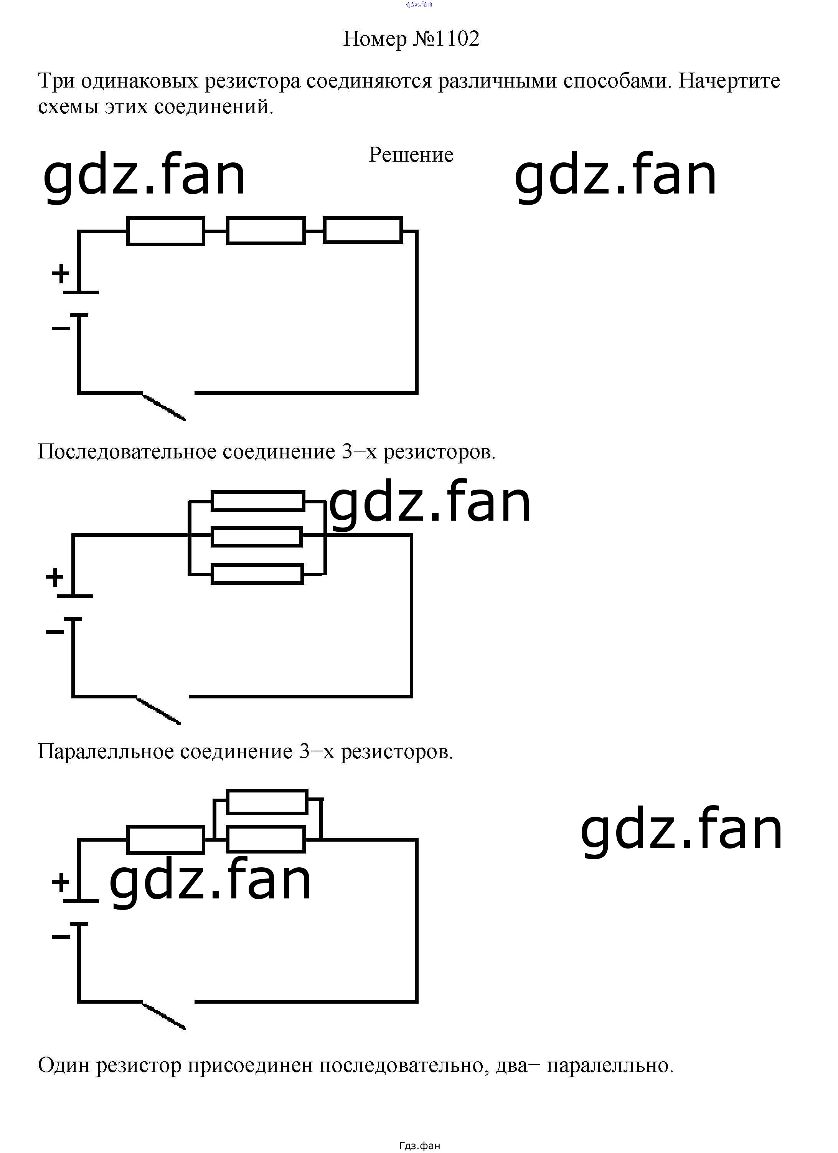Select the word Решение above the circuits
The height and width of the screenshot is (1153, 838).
click(x=411, y=155)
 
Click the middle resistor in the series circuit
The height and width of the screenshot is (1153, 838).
click(x=266, y=231)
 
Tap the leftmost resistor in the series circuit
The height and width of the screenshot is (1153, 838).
click(x=166, y=231)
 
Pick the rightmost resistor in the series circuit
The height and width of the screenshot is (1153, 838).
click(x=363, y=230)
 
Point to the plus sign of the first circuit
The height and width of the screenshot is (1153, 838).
click(x=61, y=274)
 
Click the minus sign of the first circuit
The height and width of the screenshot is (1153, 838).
click(x=61, y=328)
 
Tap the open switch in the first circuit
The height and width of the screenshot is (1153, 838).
click(x=163, y=407)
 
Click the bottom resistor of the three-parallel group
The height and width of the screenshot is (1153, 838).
click(x=257, y=574)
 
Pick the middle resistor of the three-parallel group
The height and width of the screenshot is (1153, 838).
click(x=257, y=537)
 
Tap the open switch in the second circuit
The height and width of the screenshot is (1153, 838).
click(x=158, y=711)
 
